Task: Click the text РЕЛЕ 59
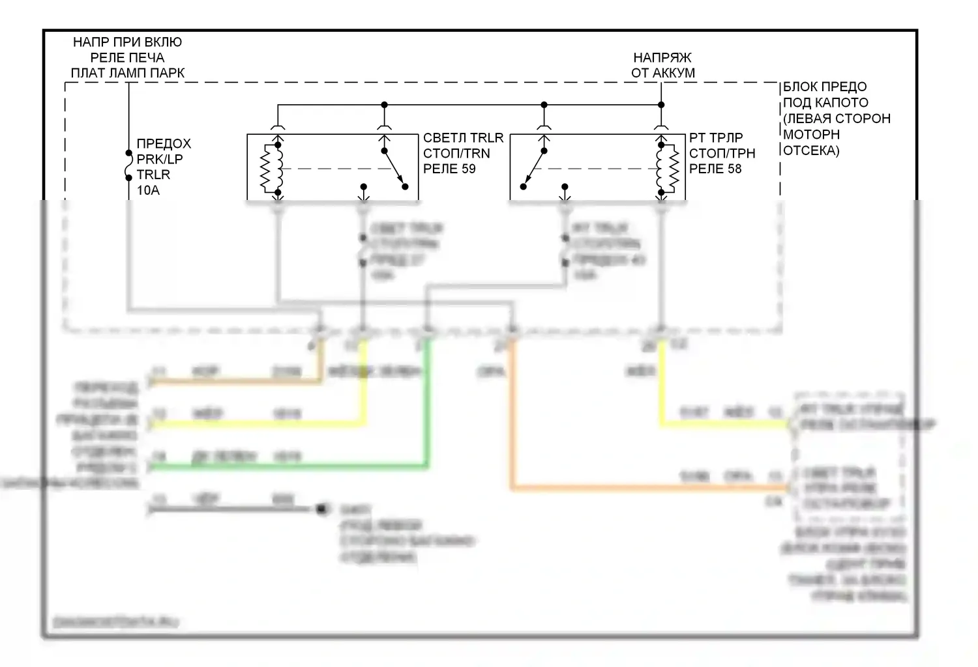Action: click(x=449, y=169)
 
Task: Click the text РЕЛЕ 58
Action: click(x=715, y=169)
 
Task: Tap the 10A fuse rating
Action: click(x=148, y=190)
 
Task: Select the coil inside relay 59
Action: click(x=271, y=168)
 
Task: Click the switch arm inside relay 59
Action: click(x=394, y=169)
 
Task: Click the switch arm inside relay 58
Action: click(x=534, y=169)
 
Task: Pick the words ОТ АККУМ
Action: click(x=662, y=73)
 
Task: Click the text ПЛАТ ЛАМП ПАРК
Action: click(x=127, y=73)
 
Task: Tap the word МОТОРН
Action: click(x=811, y=134)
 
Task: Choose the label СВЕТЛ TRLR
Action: click(x=463, y=138)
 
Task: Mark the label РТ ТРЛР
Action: click(x=716, y=138)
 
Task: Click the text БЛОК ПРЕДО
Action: click(x=824, y=87)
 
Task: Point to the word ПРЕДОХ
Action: click(x=164, y=143)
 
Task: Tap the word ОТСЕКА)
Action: click(x=811, y=150)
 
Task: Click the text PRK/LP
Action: click(x=159, y=159)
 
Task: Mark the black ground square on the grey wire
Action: click(x=321, y=509)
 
